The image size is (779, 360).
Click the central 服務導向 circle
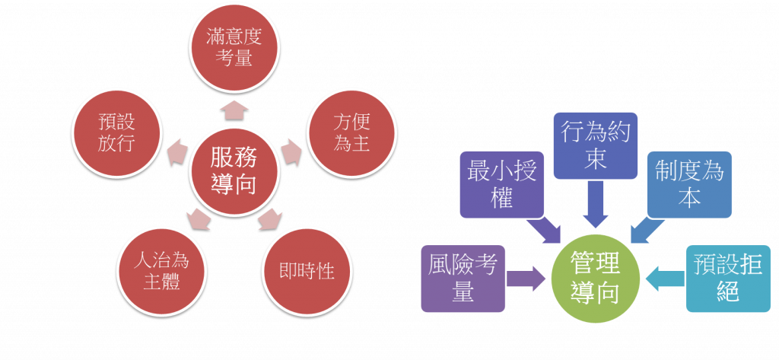234,170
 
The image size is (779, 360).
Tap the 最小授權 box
505,183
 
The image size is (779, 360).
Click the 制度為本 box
689,185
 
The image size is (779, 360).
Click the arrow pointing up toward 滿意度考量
234,111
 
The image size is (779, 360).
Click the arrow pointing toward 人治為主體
199,218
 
